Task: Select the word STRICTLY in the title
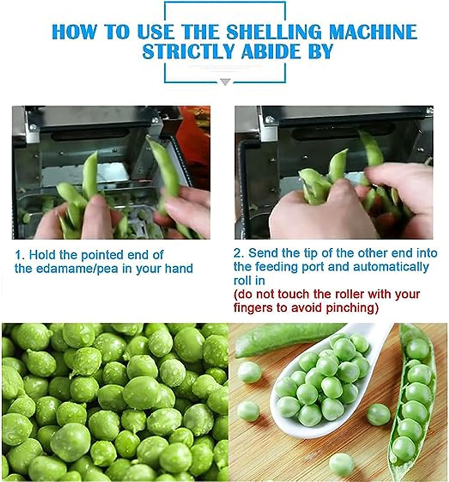coord(188,52)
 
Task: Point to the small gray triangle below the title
coord(226,82)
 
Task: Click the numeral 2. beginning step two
coord(239,253)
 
